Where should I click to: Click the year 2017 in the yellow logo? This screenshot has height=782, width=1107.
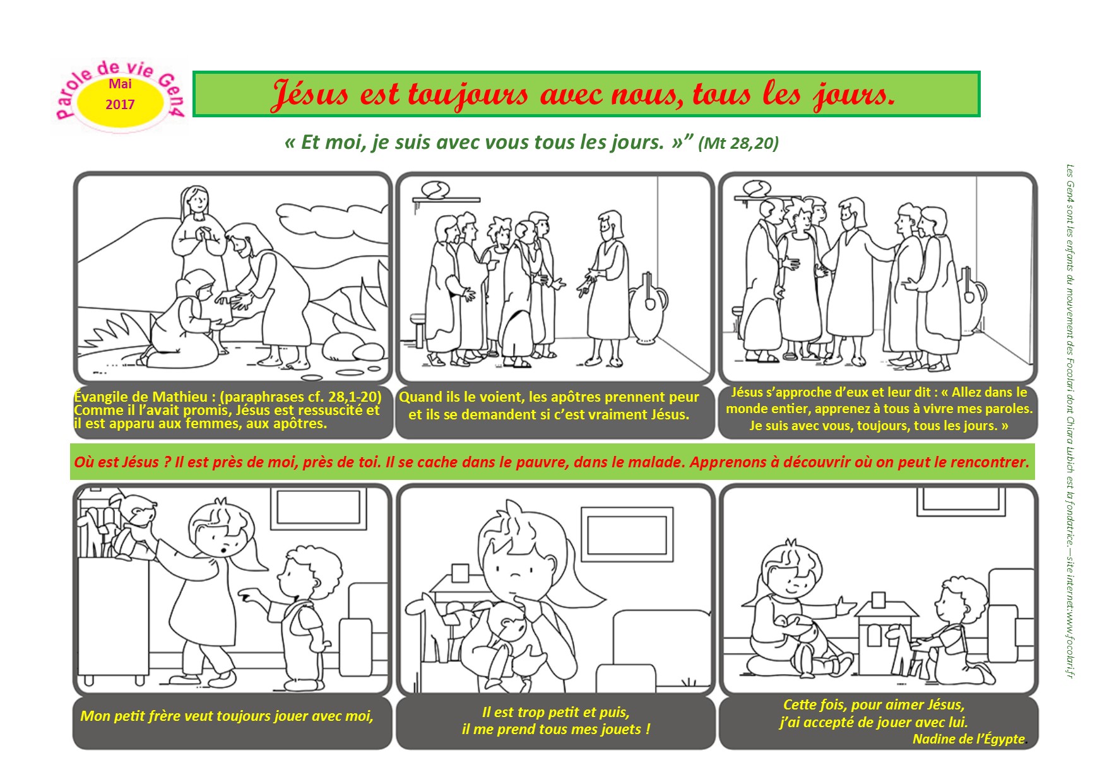point(120,104)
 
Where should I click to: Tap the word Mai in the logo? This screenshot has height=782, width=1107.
point(120,84)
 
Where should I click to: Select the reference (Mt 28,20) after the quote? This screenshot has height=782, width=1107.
point(738,143)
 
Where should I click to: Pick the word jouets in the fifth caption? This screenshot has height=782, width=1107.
point(621,729)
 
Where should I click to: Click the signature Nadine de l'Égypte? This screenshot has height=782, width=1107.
point(969,739)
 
